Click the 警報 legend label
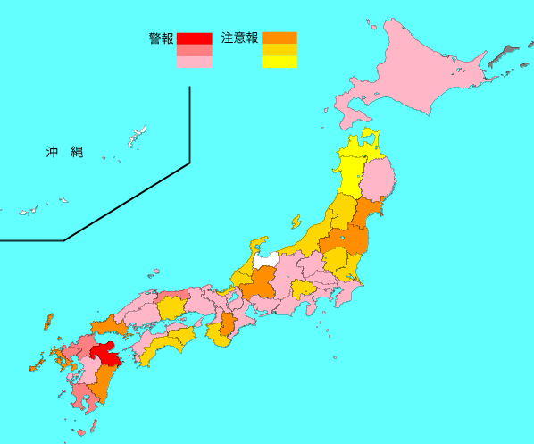162,38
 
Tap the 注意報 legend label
238,38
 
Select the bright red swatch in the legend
194,38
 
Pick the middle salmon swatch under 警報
194,50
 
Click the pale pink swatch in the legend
194,62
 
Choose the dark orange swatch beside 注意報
279,38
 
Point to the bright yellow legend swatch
279,62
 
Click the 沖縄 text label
64,152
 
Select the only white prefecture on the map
266,260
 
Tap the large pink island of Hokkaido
420,76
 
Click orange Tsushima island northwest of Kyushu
48,321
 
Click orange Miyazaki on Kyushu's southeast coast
103,381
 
